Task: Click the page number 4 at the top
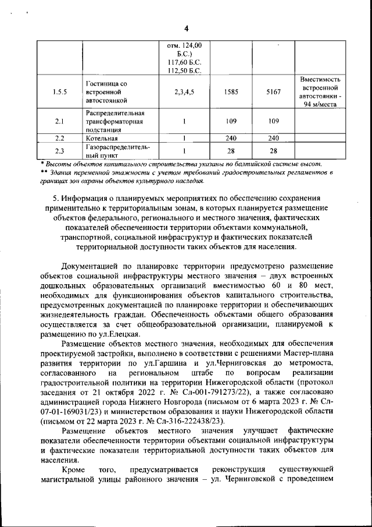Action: [186, 29]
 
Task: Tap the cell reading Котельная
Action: [102, 139]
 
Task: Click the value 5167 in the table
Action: [273, 91]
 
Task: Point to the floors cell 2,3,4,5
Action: [184, 91]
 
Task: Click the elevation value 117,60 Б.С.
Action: [184, 62]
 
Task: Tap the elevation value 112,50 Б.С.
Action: [184, 70]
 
